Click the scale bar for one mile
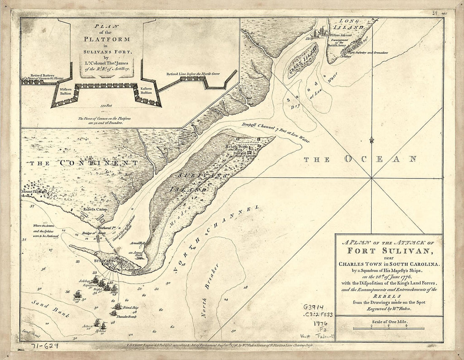388,328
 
